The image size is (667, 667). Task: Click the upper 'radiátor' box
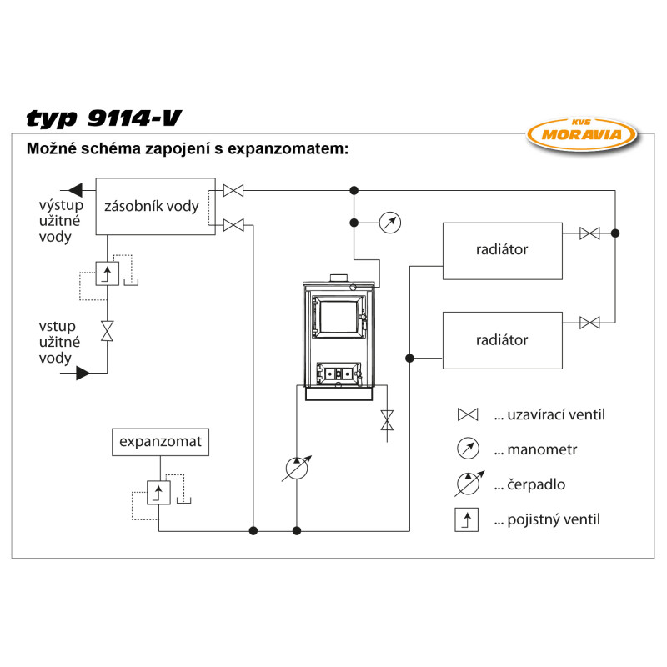[502, 250]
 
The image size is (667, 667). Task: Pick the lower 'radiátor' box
[502, 340]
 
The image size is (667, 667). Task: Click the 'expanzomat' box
[160, 442]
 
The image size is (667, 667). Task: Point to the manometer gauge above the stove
[389, 223]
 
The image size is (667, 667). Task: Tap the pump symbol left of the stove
[298, 469]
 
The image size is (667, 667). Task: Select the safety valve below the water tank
[108, 273]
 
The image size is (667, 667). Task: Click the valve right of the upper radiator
[589, 233]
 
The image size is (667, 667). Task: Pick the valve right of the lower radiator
[589, 323]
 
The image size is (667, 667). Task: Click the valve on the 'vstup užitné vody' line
[108, 330]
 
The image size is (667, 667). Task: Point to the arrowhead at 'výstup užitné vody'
[75, 189]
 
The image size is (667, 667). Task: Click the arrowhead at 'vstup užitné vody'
[83, 374]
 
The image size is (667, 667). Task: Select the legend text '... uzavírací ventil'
[549, 414]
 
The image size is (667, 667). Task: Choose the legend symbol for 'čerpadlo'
[468, 484]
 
